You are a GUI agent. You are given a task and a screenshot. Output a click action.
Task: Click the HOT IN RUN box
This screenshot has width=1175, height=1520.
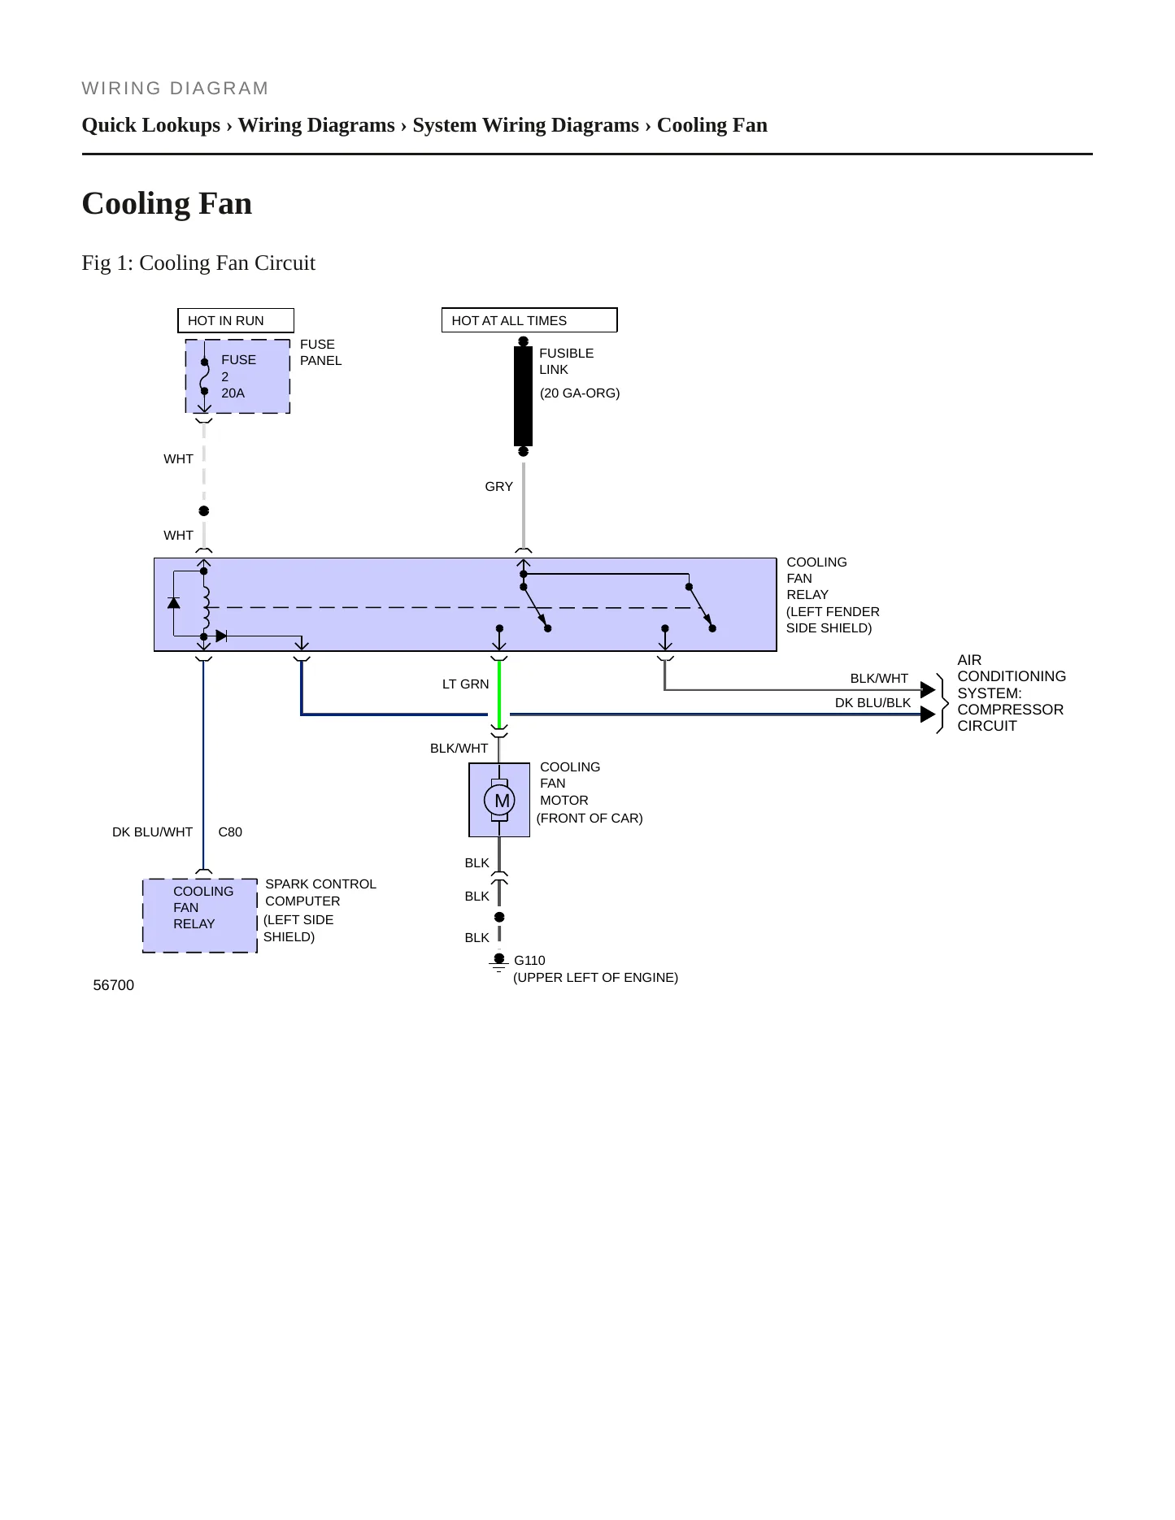pyautogui.click(x=236, y=320)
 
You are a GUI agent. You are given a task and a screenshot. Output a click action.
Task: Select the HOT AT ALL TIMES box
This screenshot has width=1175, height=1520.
pyautogui.click(x=529, y=320)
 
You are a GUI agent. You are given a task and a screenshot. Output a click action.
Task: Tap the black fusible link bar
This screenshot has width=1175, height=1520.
pyautogui.click(x=523, y=396)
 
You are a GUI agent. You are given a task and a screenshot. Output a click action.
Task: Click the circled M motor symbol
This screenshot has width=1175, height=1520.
pyautogui.click(x=499, y=801)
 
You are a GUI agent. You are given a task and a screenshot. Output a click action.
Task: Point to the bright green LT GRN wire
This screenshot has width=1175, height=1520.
pyautogui.click(x=499, y=694)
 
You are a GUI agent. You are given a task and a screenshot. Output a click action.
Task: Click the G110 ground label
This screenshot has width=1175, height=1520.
pyautogui.click(x=529, y=961)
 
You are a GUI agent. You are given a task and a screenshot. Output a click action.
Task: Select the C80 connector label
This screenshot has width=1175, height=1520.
pyautogui.click(x=230, y=832)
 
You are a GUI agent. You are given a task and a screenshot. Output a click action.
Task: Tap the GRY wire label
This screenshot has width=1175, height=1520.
pyautogui.click(x=498, y=487)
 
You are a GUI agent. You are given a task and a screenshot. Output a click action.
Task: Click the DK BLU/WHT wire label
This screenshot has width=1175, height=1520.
pyautogui.click(x=152, y=832)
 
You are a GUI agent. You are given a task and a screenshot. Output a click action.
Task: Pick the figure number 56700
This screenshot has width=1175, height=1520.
pyautogui.click(x=114, y=985)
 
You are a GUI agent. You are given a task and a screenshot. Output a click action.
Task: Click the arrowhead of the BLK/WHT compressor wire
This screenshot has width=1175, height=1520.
pyautogui.click(x=928, y=690)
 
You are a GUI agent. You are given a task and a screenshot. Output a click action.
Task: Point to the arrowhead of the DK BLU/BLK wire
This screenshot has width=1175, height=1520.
pyautogui.click(x=928, y=714)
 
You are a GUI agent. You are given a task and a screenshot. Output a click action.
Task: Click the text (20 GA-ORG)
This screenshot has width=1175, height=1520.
pyautogui.click(x=580, y=393)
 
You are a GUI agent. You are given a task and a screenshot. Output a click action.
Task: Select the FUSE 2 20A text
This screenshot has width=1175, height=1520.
pyautogui.click(x=238, y=376)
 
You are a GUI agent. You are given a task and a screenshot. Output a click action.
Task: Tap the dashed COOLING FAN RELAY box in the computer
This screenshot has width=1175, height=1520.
pyautogui.click(x=200, y=915)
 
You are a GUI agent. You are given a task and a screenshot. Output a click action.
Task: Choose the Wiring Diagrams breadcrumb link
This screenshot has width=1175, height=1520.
pyautogui.click(x=316, y=125)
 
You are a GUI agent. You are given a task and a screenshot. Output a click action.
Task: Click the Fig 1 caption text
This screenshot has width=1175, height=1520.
pyautogui.click(x=198, y=263)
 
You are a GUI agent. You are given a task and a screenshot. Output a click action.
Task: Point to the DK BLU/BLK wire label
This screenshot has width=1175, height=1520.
pyautogui.click(x=873, y=703)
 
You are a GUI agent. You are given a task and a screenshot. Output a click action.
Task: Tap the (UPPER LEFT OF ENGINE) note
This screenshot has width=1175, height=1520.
pyautogui.click(x=595, y=978)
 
